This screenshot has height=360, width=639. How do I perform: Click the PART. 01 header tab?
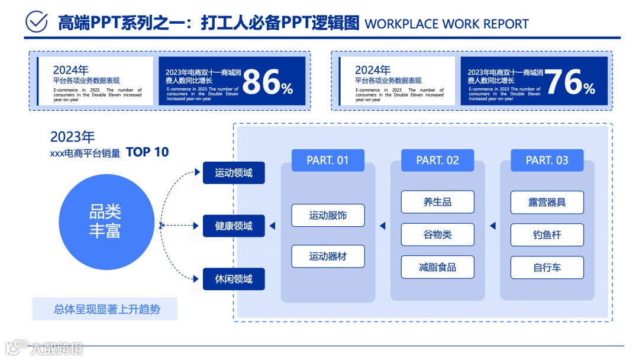[328, 160]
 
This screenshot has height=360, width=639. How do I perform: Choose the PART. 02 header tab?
[437, 160]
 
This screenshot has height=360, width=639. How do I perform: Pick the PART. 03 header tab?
[547, 160]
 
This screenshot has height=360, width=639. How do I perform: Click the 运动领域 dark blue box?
[234, 173]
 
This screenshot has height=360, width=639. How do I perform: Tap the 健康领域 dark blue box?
[234, 226]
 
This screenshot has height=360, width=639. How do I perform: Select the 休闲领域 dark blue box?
[234, 279]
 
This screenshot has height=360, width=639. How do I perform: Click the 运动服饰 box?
[328, 216]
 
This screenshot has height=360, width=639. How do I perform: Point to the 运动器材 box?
[328, 256]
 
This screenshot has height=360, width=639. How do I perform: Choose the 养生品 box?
[437, 202]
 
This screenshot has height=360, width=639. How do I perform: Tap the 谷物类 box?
[437, 234]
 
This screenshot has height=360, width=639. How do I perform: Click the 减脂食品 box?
[437, 267]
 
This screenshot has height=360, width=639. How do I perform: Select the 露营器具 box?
[547, 202]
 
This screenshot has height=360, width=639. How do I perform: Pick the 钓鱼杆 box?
[547, 234]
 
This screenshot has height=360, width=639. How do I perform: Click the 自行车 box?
[547, 267]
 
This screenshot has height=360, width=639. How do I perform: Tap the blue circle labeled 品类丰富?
[105, 220]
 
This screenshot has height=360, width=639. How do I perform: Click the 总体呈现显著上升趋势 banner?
[105, 309]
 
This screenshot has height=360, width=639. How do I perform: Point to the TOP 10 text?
[147, 152]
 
